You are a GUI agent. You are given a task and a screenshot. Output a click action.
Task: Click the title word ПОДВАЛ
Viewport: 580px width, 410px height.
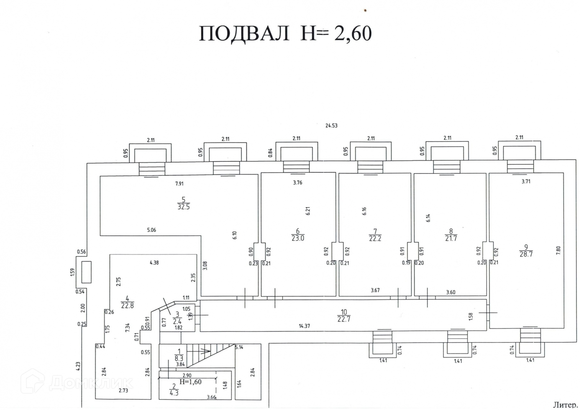coord(244,34)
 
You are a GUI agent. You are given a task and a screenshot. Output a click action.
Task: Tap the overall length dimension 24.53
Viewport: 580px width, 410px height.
coord(331,126)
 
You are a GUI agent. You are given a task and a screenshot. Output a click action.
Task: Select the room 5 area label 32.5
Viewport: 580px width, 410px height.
coord(184,207)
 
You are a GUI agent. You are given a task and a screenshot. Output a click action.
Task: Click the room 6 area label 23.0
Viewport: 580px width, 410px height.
coord(298,238)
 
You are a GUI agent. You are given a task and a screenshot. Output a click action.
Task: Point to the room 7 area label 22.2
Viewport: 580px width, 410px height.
coord(375,238)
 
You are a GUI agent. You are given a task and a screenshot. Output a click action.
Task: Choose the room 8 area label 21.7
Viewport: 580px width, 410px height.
coord(451,238)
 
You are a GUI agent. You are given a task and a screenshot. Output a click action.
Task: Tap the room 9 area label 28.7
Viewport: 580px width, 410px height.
coord(526,254)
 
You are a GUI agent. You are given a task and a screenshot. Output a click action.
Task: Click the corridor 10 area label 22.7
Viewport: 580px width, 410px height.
coord(344,319)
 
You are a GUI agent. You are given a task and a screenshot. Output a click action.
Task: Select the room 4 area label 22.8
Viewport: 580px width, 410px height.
coord(127,305)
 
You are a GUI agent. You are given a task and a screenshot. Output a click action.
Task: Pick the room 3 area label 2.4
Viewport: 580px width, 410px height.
coord(177,322)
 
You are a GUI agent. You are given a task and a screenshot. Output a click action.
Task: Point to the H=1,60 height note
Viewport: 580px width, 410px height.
coord(190,382)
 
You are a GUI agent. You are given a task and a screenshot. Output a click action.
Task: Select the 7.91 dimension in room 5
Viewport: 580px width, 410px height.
coord(179,184)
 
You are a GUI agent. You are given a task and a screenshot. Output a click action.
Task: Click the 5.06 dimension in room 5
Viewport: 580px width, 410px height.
coord(151,230)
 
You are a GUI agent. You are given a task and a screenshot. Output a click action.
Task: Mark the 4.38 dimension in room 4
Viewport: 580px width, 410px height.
coord(154,263)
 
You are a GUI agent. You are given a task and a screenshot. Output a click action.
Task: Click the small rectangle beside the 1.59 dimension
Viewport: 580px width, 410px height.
coord(86,272)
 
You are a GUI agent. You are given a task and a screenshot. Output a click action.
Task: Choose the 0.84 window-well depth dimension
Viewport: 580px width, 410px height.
coord(271,152)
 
